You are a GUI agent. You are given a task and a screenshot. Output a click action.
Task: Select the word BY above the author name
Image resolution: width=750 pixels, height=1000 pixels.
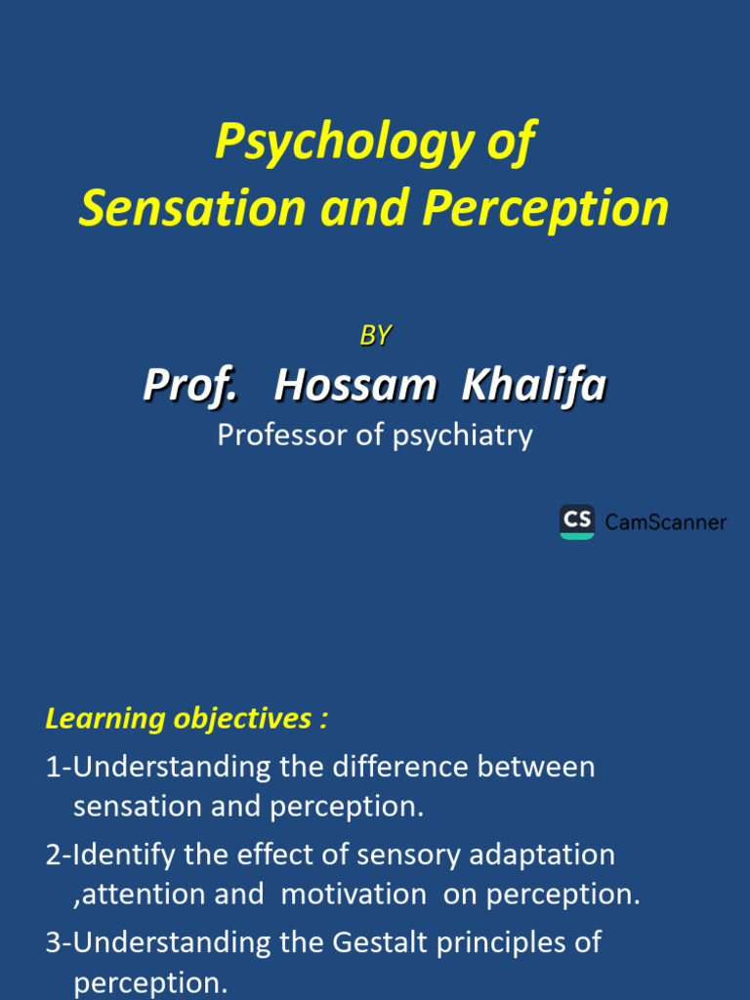pos(375,335)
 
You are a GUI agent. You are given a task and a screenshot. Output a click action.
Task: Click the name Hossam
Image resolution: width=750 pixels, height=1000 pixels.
pos(355,386)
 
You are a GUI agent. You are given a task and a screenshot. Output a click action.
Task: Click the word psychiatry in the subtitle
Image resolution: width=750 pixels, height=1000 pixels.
pos(463,435)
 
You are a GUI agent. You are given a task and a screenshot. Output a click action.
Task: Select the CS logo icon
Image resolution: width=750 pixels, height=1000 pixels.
pos(576,521)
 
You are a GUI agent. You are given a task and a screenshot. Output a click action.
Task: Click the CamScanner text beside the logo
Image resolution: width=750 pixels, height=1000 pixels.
pos(666,522)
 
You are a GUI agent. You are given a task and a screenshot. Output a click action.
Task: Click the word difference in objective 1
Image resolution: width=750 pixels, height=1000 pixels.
pos(400,767)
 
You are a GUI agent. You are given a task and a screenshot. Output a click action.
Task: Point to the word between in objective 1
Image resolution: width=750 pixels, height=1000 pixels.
pos(536,767)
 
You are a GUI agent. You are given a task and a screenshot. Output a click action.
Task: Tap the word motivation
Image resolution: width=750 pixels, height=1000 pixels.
pos(354,895)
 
